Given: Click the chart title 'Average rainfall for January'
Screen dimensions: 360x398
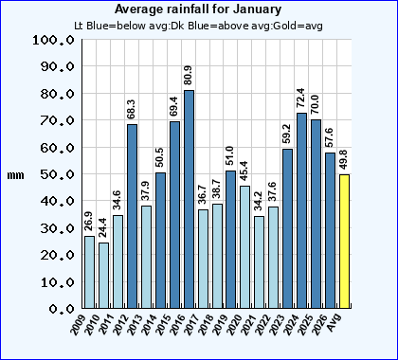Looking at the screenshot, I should point(198,9).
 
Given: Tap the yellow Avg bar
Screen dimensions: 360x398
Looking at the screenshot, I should point(344,242).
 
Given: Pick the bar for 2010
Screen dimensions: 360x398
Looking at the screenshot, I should point(104,275).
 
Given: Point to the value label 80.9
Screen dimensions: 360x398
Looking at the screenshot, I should point(189,76).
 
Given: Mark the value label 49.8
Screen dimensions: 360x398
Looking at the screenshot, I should point(344,159).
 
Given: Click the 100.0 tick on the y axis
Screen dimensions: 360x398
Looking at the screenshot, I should point(51,41).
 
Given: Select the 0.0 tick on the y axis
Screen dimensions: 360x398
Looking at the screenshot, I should point(59,309).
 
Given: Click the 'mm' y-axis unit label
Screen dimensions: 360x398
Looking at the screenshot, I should point(15,175).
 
